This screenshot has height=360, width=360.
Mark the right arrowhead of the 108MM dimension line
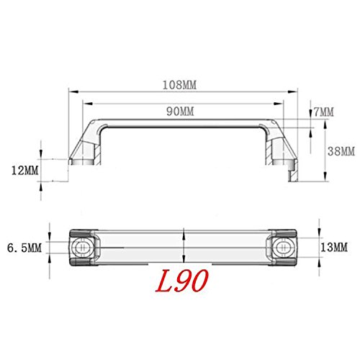click(x=295, y=92)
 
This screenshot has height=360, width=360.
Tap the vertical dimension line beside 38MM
click(x=326, y=151)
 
